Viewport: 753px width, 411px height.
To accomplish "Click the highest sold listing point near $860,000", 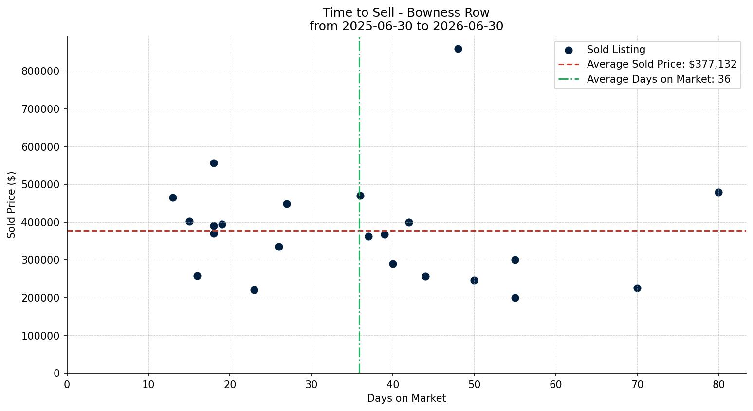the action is [x=458, y=49].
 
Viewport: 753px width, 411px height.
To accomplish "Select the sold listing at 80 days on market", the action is [x=718, y=193].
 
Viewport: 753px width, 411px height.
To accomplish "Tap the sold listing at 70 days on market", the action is [x=637, y=288].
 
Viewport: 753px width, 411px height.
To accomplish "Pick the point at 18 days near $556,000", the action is [x=214, y=163].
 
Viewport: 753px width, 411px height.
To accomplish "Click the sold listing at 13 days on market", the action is [x=173, y=198].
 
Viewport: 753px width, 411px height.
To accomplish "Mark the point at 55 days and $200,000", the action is [x=515, y=298].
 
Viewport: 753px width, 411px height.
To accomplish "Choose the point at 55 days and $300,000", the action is [x=515, y=260].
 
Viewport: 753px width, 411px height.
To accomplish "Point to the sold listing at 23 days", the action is [x=254, y=290].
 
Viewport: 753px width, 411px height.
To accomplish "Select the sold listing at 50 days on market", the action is [x=474, y=280].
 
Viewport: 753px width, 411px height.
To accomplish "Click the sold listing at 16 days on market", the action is [x=197, y=276].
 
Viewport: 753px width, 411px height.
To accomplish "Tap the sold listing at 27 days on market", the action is [x=287, y=204].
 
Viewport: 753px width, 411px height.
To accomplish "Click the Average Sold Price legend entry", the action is [x=647, y=64].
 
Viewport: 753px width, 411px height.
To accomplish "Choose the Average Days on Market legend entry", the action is [x=644, y=79].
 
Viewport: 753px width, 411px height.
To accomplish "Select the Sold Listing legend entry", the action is [x=605, y=50].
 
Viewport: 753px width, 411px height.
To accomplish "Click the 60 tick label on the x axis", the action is [x=556, y=384].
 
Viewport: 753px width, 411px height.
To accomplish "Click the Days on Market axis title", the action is [x=406, y=398].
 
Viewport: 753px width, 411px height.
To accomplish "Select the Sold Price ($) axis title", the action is [x=11, y=205].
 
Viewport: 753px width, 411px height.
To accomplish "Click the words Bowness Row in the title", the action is [x=448, y=13].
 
